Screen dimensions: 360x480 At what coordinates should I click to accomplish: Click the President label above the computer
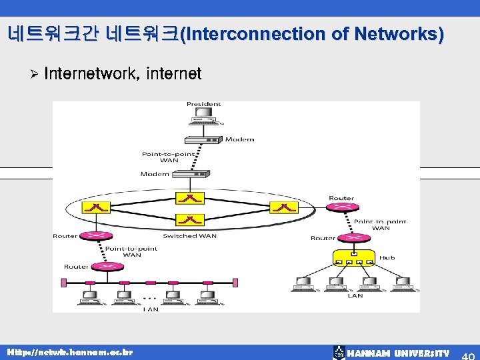203,104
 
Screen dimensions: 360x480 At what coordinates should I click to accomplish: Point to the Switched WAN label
189,236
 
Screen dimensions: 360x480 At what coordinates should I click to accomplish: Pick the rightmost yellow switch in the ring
285,207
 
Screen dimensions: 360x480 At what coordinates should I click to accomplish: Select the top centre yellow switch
191,198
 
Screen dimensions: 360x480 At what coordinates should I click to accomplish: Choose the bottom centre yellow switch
191,219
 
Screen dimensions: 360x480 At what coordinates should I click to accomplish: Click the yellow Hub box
354,258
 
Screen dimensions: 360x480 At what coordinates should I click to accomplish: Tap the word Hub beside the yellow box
387,258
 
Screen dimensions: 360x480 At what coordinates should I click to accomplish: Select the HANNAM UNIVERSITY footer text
399,353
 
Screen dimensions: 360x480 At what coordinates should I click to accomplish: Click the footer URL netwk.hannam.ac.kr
70,352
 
